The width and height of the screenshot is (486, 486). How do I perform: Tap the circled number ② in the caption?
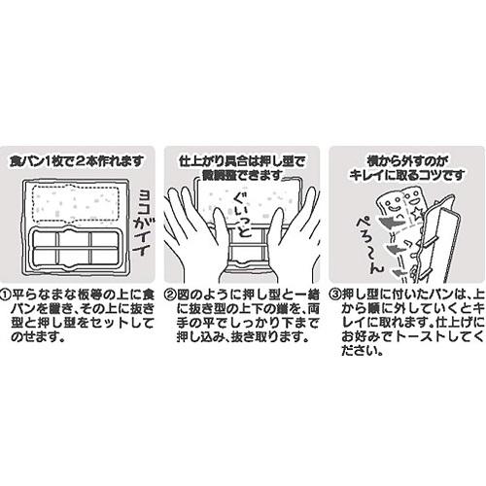[171, 292]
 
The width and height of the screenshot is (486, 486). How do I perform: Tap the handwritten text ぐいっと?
[240, 215]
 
